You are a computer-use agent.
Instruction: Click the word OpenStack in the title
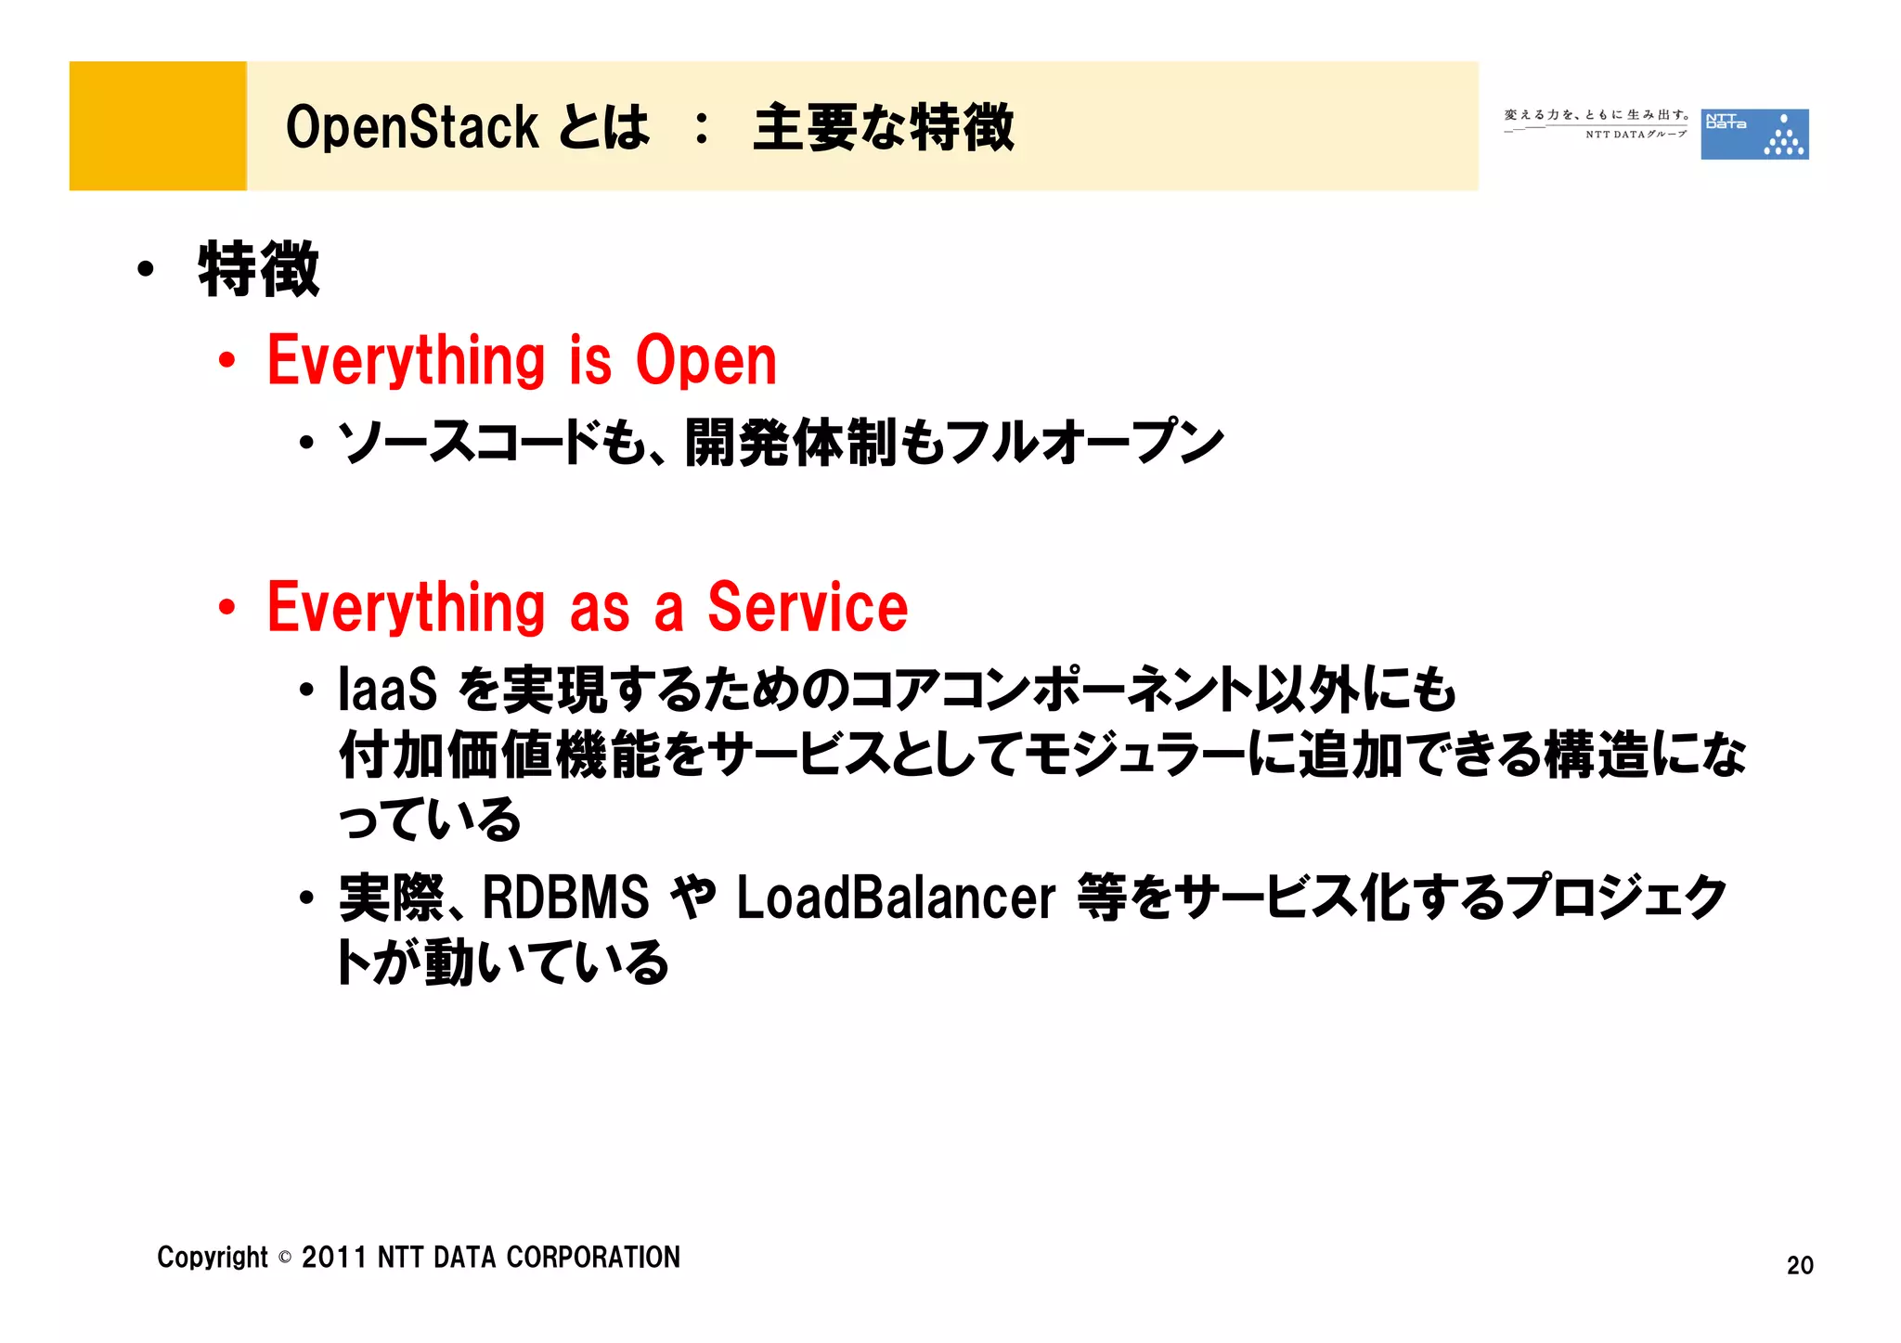click(x=411, y=127)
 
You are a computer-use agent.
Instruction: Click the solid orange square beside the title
click(x=158, y=126)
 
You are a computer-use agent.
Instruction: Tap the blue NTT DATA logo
click(x=1753, y=135)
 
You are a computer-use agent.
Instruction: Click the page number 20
click(x=1799, y=1265)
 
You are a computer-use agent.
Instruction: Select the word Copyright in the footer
click(x=212, y=1258)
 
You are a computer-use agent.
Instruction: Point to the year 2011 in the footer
click(x=334, y=1258)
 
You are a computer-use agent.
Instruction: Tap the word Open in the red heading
click(x=705, y=361)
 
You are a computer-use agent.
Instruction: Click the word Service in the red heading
click(x=808, y=608)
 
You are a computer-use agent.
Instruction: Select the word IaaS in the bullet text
click(x=387, y=690)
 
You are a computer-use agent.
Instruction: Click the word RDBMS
click(x=565, y=898)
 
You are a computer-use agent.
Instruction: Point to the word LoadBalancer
click(x=896, y=898)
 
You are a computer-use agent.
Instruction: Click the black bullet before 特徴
click(x=145, y=270)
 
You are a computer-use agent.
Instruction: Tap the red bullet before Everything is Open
click(x=226, y=361)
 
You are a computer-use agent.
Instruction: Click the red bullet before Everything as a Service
click(x=226, y=608)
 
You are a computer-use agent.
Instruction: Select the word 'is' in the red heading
click(x=590, y=361)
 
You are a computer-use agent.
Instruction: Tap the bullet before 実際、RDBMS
click(x=306, y=898)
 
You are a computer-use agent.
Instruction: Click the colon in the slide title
click(x=702, y=129)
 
